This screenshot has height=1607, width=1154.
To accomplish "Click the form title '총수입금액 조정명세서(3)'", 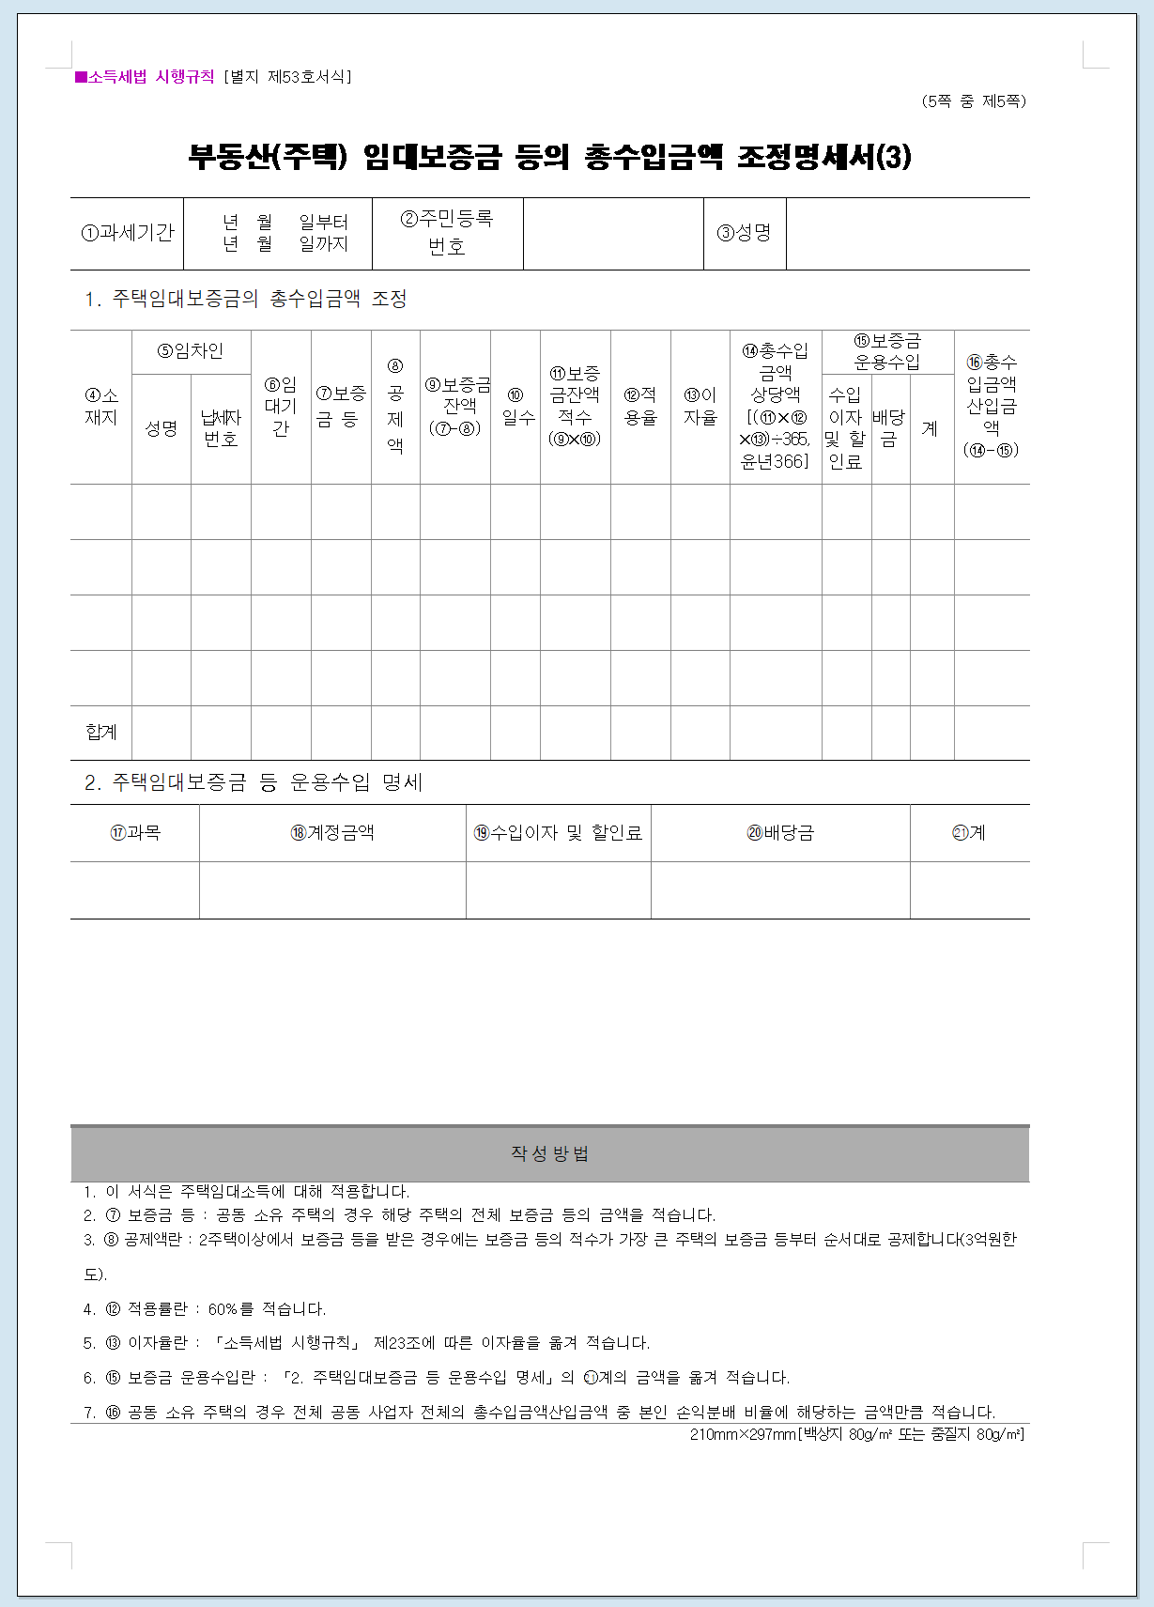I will coord(549,156).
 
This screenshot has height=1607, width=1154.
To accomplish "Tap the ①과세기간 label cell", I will coord(128,233).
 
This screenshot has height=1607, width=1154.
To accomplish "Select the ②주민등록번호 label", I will coord(447,233).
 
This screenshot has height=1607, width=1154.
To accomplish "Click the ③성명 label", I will coord(745,233).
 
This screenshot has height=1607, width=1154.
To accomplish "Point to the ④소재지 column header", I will coord(101,407).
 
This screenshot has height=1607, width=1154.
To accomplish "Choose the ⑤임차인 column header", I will coord(191,351).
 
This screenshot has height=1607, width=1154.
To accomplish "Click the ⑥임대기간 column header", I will coord(281,407).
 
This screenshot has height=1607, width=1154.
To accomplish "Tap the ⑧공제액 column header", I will coord(395,407).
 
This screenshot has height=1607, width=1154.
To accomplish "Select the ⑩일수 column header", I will coord(515,407).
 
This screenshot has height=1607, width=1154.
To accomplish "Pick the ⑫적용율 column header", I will coord(640,407).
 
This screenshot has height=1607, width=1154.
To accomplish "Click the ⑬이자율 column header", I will coord(700,407).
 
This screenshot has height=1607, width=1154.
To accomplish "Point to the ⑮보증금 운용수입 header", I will coord(887,351).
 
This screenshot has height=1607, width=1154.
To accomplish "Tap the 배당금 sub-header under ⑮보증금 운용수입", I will coord(889,428).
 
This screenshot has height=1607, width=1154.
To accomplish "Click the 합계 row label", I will coord(101,733).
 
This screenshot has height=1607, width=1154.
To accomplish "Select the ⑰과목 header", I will coord(135,833).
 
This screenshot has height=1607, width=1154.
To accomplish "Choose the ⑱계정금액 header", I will coord(332,833).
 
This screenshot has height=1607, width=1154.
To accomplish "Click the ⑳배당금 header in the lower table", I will coord(780,833).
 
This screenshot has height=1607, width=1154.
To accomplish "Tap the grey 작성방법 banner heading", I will coord(549,1153).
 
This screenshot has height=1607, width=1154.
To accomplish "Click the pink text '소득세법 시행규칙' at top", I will coord(150,77).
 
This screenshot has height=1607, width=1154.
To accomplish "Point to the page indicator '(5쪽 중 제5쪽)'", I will coord(974,101).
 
